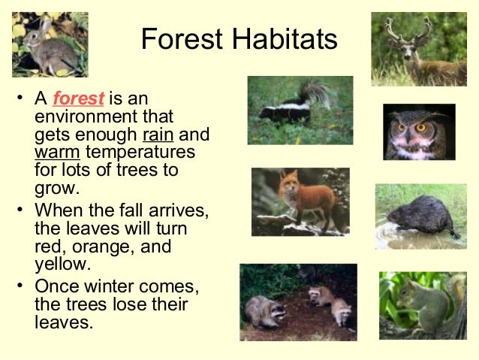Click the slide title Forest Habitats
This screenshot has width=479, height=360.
tap(239, 39)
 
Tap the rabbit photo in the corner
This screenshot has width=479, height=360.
tap(50, 44)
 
